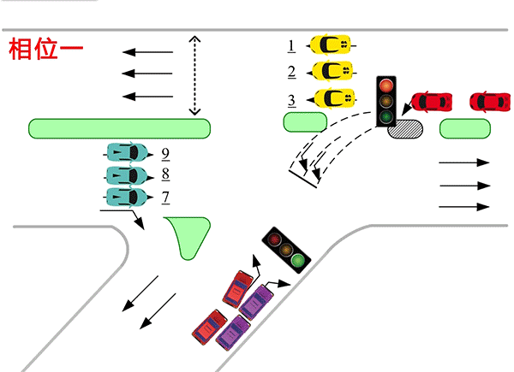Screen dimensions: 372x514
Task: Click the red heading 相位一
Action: coord(45,49)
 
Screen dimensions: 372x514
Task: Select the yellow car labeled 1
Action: coord(330,43)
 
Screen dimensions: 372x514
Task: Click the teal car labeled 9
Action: coord(126,154)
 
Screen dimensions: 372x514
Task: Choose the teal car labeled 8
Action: coord(126,176)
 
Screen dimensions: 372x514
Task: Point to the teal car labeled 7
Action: coord(126,198)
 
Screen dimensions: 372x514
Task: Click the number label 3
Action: coord(292,100)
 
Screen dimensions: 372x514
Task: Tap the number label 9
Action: coord(164,154)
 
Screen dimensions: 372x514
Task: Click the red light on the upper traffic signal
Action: coord(387,86)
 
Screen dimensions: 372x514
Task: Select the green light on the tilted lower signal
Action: coord(297,258)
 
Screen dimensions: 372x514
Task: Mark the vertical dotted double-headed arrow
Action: coord(194,75)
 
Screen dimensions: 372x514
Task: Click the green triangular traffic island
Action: coord(188,234)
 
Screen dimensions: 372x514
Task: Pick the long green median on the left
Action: coord(120,128)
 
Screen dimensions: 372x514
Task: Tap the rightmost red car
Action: coord(490,102)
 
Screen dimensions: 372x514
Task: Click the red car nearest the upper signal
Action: coord(433,102)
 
